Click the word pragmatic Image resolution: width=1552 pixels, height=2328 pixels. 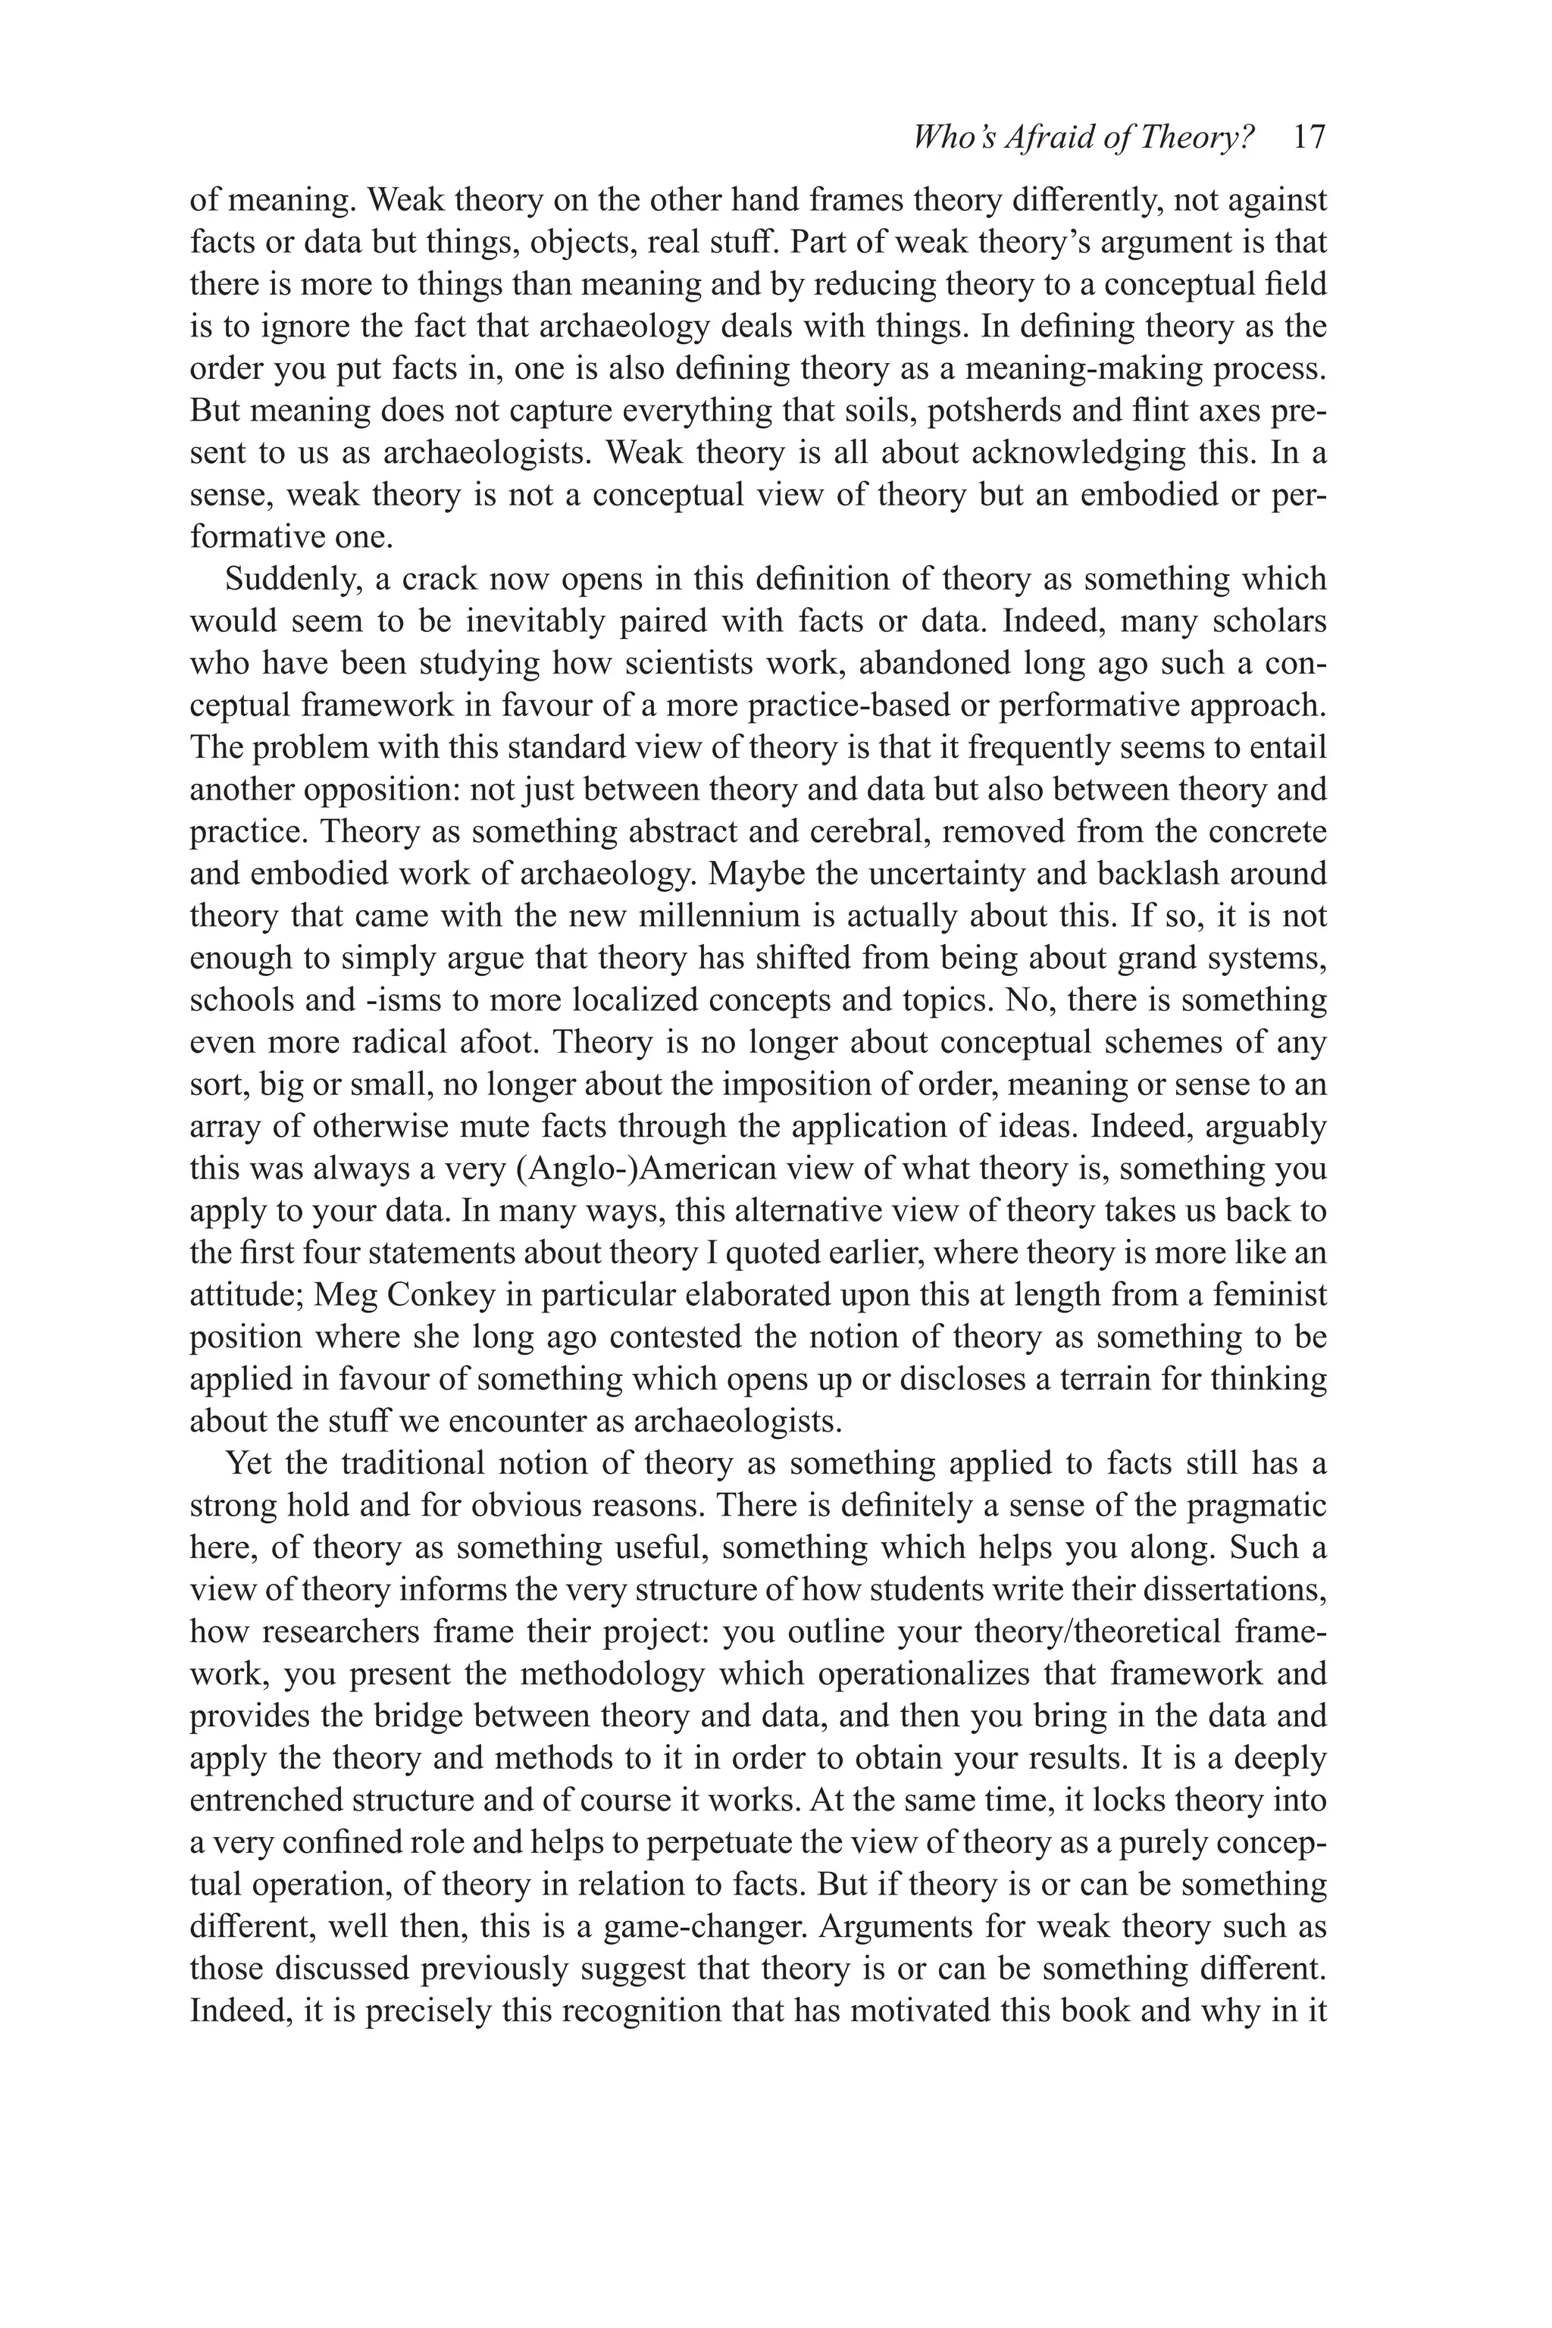(1256, 1506)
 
